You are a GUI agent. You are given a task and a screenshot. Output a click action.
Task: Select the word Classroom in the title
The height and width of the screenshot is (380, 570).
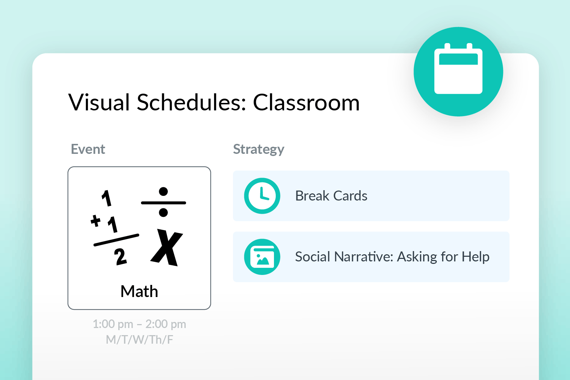coord(306,103)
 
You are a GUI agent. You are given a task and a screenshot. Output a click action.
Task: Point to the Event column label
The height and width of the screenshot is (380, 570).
coord(88,149)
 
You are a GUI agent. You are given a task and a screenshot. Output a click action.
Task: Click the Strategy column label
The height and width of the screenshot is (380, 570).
coord(259,149)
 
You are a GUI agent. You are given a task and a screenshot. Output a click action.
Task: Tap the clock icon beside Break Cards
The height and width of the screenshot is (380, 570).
coord(262,196)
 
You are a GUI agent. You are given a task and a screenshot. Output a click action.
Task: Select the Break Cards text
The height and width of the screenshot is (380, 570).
coord(331,196)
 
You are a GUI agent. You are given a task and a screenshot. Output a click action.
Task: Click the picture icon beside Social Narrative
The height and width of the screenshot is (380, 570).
coord(262,257)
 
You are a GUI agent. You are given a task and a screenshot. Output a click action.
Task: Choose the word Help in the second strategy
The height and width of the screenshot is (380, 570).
coord(475,257)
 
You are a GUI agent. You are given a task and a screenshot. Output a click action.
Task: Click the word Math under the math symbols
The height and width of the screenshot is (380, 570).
coord(139,291)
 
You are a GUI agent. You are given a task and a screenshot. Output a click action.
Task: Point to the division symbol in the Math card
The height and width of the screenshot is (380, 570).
coord(164,202)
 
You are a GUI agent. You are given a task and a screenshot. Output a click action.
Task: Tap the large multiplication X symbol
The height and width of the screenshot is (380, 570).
coord(167,247)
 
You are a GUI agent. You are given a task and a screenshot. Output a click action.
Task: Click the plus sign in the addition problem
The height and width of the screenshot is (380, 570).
coord(95,220)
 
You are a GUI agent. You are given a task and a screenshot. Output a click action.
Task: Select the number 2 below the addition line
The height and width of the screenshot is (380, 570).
coord(120,257)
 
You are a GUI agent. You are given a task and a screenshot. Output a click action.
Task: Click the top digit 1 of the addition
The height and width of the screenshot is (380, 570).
coord(107,198)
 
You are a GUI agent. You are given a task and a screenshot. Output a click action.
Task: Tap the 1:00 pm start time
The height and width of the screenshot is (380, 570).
coord(113,324)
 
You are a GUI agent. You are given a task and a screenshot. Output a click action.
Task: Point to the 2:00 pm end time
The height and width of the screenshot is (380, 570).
coord(166,324)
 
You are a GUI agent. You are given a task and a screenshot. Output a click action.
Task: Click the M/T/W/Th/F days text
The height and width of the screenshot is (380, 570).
coord(139,340)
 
